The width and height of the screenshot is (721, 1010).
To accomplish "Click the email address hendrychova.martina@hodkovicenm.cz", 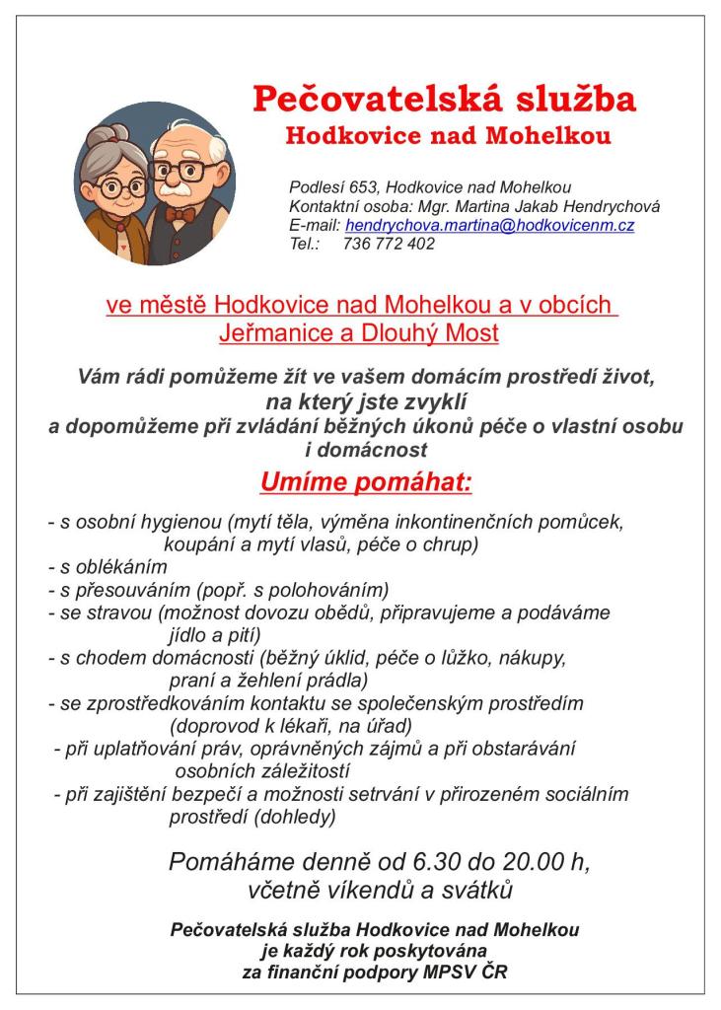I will click(x=489, y=226).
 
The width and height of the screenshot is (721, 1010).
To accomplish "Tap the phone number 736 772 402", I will click(x=389, y=244).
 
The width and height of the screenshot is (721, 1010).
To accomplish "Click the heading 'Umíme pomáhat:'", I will click(x=367, y=483).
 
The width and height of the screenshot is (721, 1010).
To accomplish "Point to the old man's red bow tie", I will click(x=180, y=213).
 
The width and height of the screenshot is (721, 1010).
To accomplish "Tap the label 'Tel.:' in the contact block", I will click(x=306, y=244).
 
